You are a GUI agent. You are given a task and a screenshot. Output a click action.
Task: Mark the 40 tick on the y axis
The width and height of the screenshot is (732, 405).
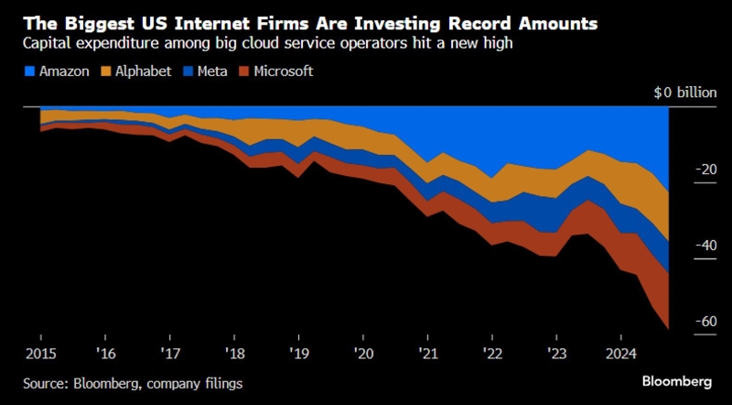705,246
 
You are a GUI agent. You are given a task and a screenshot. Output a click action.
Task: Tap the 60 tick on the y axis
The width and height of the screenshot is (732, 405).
705,322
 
